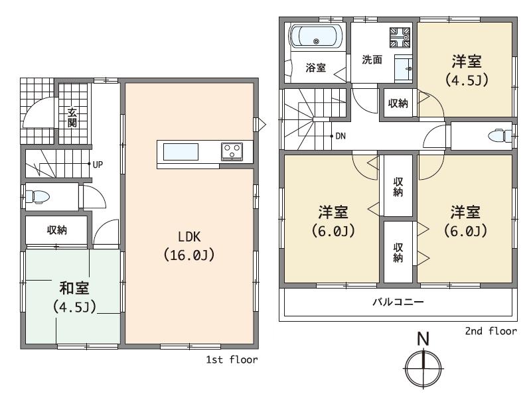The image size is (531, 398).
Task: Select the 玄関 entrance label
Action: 72,117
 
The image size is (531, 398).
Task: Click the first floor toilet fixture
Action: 38,196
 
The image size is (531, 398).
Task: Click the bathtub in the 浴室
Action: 316,37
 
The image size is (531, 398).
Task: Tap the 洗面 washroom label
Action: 371,59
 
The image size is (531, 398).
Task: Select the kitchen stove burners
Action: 232,151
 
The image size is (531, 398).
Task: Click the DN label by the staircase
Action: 340,137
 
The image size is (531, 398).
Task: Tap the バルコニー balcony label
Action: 398,302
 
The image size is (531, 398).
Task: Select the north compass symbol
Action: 423,367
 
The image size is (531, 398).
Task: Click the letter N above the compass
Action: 423,338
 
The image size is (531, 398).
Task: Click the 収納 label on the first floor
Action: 56,230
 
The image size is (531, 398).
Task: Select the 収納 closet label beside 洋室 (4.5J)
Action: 398,103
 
